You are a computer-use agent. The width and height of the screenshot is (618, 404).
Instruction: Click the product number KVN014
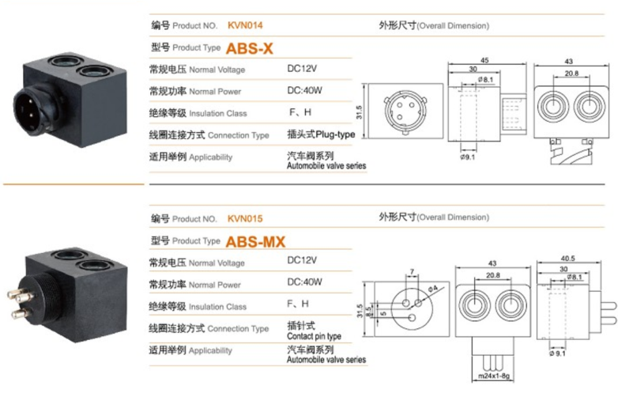pos(245,25)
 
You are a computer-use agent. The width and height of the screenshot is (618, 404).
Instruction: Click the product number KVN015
pos(244,219)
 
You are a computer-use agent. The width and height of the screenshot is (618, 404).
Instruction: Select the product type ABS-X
pos(250,48)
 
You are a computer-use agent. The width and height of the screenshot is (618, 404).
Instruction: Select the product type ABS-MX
pos(255,242)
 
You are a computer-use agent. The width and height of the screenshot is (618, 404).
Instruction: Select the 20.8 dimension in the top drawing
pos(569,74)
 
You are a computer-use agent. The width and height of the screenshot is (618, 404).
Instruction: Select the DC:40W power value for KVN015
pos(305,282)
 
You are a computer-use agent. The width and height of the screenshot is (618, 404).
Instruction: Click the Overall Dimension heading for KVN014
pos(434,25)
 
